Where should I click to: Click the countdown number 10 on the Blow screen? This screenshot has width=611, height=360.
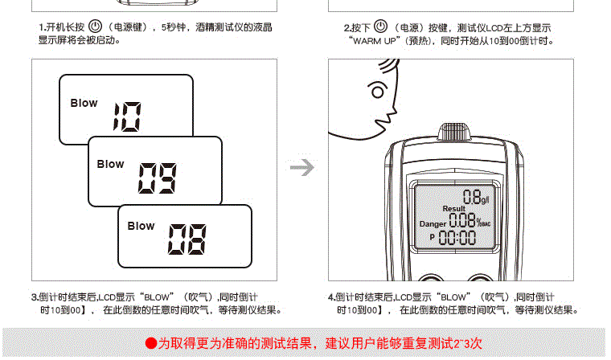(127, 117)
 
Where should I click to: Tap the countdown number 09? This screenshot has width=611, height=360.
(157, 178)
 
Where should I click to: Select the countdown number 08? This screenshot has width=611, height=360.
(187, 239)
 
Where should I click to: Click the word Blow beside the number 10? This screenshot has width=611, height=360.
(84, 103)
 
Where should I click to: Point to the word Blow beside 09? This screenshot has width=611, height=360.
(110, 164)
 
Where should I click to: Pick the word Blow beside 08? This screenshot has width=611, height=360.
(141, 226)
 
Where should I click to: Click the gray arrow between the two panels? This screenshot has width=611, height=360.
(302, 167)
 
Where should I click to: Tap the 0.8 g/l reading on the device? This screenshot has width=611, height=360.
(476, 197)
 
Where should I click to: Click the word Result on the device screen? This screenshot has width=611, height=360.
(454, 209)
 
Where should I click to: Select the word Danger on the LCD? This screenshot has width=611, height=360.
(433, 224)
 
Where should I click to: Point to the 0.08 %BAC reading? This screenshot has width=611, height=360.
(470, 220)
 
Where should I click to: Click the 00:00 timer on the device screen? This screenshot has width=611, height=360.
(457, 237)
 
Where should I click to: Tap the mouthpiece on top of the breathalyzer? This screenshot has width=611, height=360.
(453, 132)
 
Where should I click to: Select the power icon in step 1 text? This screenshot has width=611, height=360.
(95, 27)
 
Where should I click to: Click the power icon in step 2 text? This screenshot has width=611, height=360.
(380, 26)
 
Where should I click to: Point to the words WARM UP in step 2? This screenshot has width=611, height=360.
(374, 41)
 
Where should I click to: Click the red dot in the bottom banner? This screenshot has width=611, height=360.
(151, 343)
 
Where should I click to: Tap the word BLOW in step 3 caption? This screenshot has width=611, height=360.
(157, 297)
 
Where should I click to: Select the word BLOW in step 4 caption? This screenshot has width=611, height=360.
(453, 297)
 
